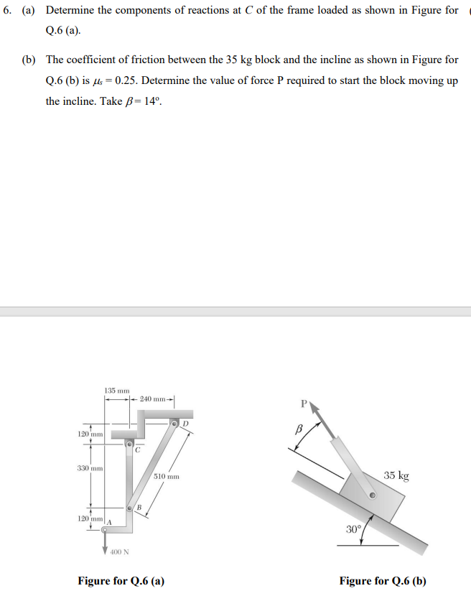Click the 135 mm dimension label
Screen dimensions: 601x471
pyautogui.click(x=116, y=390)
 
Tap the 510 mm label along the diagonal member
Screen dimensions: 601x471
pyautogui.click(x=166, y=476)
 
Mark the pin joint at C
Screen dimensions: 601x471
pyautogui.click(x=130, y=444)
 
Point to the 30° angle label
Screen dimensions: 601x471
pyautogui.click(x=353, y=530)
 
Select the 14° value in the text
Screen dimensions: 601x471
pyautogui.click(x=154, y=101)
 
